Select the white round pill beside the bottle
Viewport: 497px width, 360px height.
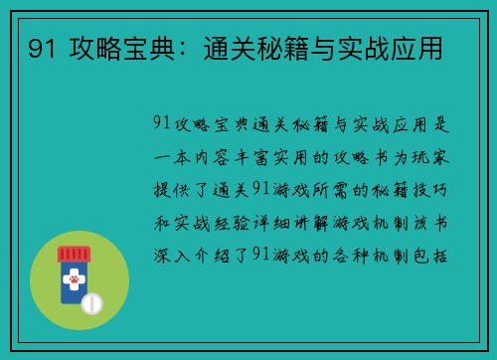coord(92,301)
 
